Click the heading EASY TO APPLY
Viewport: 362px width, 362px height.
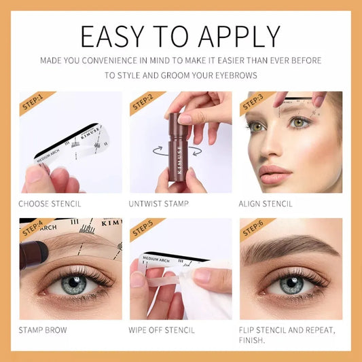[x=180, y=35]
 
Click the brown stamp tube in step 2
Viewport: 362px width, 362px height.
[x=179, y=146]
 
